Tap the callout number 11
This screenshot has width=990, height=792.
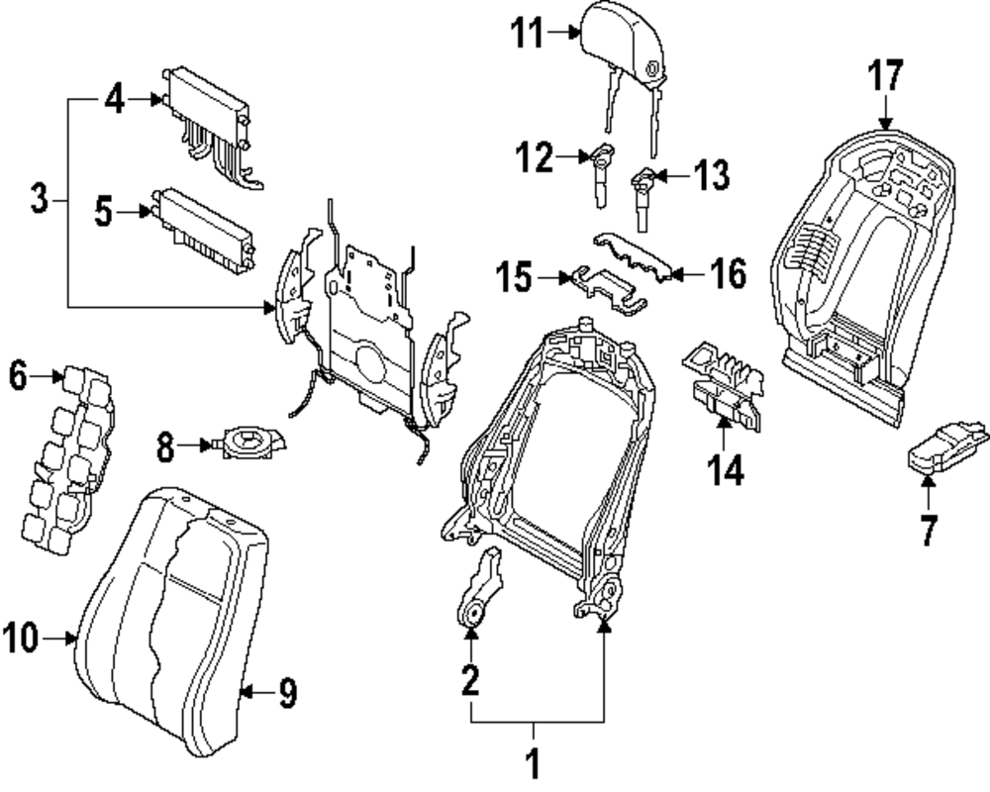tap(527, 33)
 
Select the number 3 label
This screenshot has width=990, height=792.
tap(40, 198)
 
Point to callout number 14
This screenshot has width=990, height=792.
tap(725, 470)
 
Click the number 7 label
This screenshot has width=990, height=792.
tap(928, 530)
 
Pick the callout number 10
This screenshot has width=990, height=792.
tap(21, 638)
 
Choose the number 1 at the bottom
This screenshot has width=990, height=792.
tap(534, 763)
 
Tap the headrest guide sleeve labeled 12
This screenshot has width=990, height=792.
tap(601, 174)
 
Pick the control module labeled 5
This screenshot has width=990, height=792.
tap(203, 230)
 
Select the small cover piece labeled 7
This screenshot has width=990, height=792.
tap(945, 447)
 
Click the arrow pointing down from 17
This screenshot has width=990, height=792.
tap(885, 112)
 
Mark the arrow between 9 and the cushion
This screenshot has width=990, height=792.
tap(256, 692)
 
